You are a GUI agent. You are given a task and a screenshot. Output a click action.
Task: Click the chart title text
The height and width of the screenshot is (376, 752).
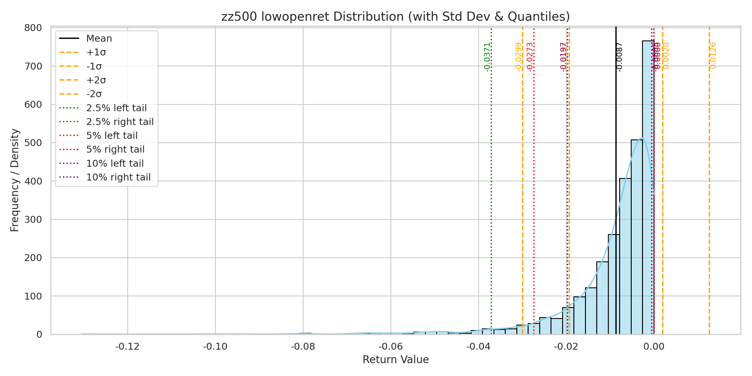(395, 17)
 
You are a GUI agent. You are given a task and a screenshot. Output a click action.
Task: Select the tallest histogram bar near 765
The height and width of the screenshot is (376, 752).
(648, 188)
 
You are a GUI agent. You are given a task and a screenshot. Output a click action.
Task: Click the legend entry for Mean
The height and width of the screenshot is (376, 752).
(99, 39)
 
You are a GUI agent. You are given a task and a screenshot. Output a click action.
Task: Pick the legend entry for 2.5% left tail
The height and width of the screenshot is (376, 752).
(116, 108)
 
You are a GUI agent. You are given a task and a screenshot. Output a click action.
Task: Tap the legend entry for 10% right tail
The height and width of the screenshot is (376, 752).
(118, 177)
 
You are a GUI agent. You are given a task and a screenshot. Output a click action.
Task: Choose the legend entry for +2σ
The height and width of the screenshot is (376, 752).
(96, 80)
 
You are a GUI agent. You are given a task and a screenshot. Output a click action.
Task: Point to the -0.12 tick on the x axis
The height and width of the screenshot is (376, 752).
(128, 347)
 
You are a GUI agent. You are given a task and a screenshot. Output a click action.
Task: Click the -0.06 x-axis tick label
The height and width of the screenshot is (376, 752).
(391, 347)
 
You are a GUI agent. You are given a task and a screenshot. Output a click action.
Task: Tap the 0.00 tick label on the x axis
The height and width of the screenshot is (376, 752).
(654, 347)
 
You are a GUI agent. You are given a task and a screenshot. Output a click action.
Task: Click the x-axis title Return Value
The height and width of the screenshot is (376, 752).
(395, 360)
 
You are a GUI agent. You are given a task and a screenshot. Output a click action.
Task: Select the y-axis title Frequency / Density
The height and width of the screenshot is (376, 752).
(15, 180)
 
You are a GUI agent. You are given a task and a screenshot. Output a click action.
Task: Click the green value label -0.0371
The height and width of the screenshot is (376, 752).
(487, 57)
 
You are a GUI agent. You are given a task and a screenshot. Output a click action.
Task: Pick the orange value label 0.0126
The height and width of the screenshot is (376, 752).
(713, 56)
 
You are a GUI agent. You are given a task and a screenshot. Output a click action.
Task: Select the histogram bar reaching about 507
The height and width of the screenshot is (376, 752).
(636, 238)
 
